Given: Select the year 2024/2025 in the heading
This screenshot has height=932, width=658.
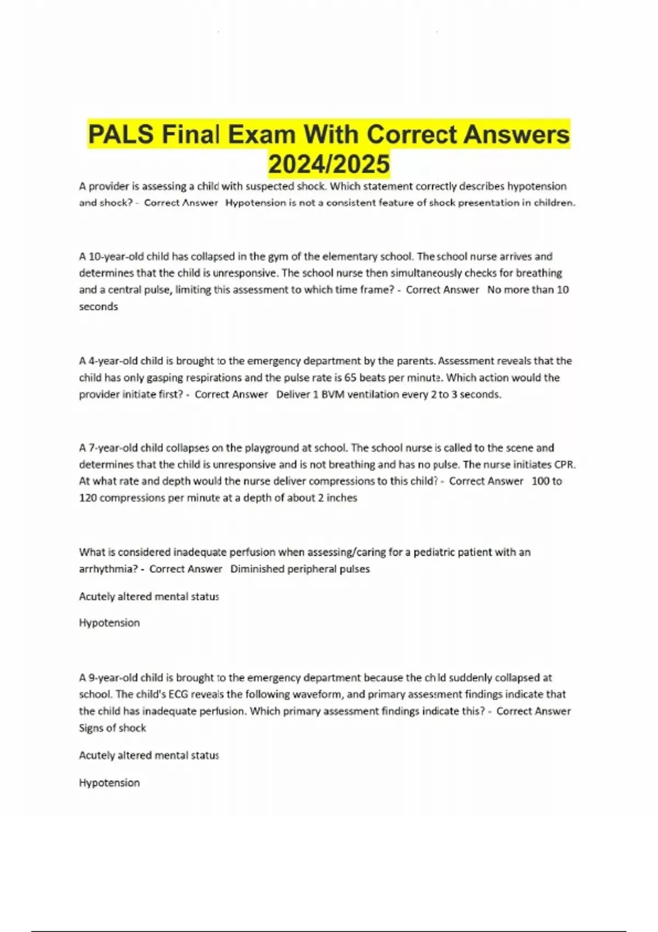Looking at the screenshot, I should click(329, 164).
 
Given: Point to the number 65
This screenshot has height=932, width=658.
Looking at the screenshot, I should click(350, 378).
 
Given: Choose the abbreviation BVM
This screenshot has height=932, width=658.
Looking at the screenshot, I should click(333, 395).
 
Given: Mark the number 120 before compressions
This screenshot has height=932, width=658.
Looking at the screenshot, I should click(88, 498).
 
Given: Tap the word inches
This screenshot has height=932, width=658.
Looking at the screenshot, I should click(342, 498).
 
